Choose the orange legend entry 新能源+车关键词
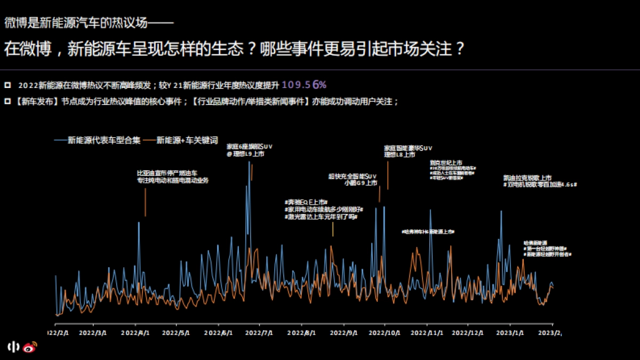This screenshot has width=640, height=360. [187, 140]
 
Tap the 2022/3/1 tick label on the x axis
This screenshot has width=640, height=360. [93, 332]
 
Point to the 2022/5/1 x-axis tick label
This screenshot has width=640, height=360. [177, 332]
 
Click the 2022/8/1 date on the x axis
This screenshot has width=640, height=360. [301, 332]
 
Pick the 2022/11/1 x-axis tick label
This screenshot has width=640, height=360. [427, 332]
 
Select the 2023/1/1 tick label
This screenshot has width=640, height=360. [510, 332]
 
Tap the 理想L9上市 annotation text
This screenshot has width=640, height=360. [245, 154]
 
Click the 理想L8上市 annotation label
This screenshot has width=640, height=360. [399, 155]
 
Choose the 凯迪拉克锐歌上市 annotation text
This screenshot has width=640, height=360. [527, 178]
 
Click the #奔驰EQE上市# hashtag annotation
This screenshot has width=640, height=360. [306, 203]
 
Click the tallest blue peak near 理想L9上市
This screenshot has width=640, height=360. [249, 163]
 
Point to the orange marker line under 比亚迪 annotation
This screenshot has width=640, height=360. [145, 202]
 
